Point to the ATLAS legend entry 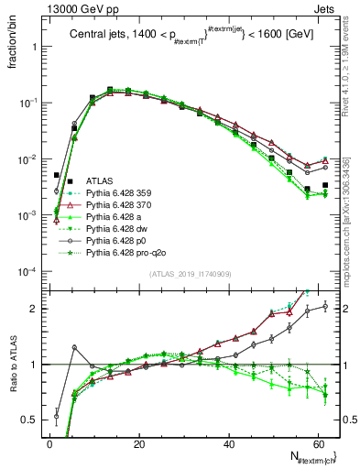click(100, 181)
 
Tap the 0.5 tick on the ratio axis click(30, 420)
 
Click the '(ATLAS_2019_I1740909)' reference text click(190, 274)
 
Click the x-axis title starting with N click(311, 455)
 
